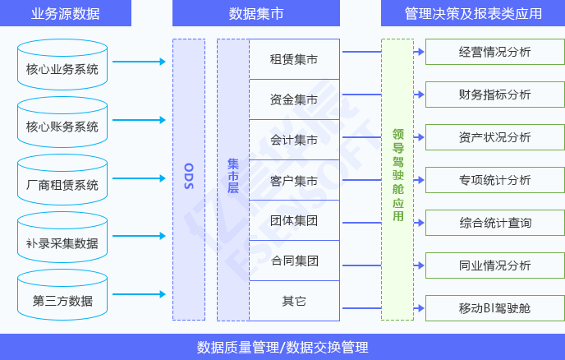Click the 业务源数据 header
(65, 13)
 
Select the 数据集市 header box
(255, 13)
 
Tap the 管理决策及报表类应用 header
(473, 13)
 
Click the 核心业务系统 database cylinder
(62, 66)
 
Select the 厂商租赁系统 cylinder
(62, 182)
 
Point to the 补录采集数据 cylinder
(62, 240)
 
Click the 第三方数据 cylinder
(62, 298)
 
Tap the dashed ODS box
(188, 179)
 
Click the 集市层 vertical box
(232, 179)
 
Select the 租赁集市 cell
(293, 59)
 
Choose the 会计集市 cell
(293, 140)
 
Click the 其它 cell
(293, 301)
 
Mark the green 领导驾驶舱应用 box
(397, 179)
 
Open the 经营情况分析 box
(494, 53)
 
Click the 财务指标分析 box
(494, 95)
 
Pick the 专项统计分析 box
(494, 180)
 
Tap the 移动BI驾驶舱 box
(494, 307)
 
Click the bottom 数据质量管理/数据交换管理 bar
(282, 347)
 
